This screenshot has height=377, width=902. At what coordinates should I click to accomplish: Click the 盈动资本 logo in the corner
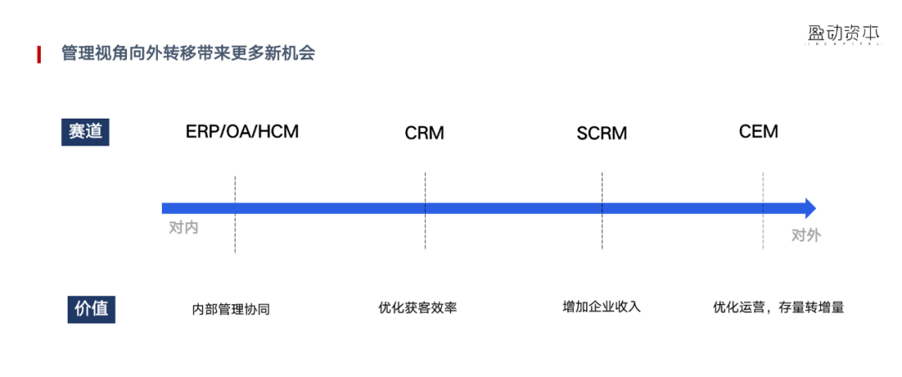click(844, 33)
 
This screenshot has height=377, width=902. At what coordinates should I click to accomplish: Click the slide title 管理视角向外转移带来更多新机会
click(188, 53)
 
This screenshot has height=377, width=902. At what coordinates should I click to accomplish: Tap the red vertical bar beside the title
click(39, 54)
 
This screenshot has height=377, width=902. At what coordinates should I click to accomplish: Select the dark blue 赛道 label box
click(85, 132)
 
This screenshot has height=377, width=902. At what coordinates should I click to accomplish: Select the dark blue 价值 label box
click(89, 308)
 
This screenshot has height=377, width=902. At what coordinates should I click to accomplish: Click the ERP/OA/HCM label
click(242, 131)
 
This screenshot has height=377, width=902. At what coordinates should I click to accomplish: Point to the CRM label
click(424, 133)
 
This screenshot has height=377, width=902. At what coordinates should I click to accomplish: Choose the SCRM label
click(601, 133)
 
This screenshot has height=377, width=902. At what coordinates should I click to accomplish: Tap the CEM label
click(758, 131)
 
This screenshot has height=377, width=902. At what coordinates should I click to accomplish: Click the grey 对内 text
click(184, 227)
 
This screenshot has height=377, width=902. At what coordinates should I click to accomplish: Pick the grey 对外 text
click(806, 235)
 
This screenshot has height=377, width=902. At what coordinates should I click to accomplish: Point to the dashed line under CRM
click(425, 234)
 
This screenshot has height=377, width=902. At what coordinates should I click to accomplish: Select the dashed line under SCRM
click(602, 234)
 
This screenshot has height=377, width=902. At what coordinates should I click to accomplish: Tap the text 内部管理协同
click(231, 308)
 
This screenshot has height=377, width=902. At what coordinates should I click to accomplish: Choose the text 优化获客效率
click(418, 307)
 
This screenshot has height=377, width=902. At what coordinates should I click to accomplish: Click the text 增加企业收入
click(601, 306)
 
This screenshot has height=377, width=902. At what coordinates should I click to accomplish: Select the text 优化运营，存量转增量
click(778, 307)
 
